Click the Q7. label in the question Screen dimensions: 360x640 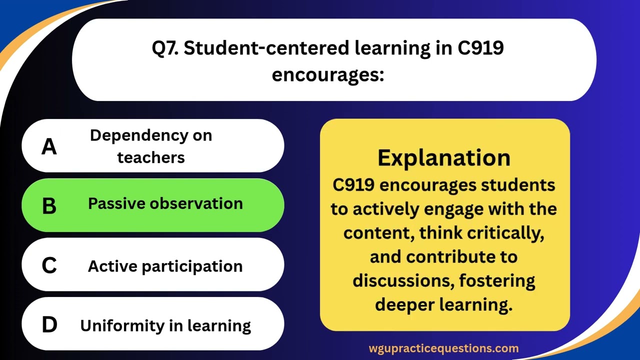(x=167, y=48)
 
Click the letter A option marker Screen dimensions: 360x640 (x=49, y=146)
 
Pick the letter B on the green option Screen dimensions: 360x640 (x=49, y=205)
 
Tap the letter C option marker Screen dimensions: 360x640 (x=49, y=265)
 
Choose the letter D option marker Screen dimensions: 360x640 (x=49, y=325)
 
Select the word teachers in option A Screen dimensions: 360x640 (x=151, y=157)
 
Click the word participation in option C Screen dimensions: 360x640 (x=192, y=266)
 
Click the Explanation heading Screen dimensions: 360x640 (x=444, y=157)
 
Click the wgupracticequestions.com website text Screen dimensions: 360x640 (x=443, y=348)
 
